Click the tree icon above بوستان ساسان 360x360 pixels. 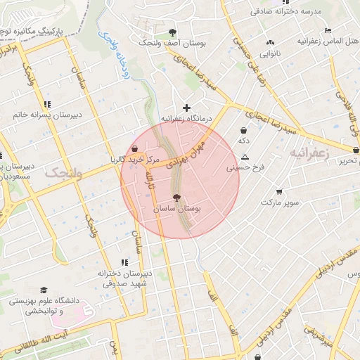pos(176,198)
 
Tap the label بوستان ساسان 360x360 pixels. pos(176,210)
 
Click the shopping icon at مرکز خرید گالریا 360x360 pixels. pos(134,149)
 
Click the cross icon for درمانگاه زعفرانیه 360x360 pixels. pos(186,108)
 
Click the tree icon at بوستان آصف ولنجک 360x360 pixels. pos(173,32)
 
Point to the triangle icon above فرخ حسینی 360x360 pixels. pos(245,157)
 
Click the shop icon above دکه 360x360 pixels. pos(243,130)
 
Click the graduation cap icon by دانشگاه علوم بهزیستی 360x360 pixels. pos(44,290)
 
